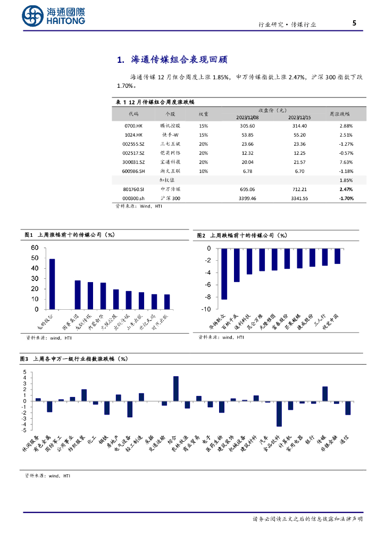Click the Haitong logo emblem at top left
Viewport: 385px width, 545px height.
coord(34,16)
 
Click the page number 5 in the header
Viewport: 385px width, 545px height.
coord(355,23)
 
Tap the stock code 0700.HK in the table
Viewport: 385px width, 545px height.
coord(132,126)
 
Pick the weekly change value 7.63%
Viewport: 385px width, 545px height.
coord(346,162)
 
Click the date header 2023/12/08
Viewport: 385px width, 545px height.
coord(247,117)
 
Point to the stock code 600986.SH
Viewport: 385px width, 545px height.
coord(133,171)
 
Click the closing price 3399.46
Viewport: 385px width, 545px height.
coord(248,198)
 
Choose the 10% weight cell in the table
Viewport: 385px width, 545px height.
coord(203,171)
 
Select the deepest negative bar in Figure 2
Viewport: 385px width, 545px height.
coord(224,274)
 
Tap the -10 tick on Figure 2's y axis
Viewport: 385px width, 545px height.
coord(206,309)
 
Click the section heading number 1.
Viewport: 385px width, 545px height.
coord(120,59)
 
